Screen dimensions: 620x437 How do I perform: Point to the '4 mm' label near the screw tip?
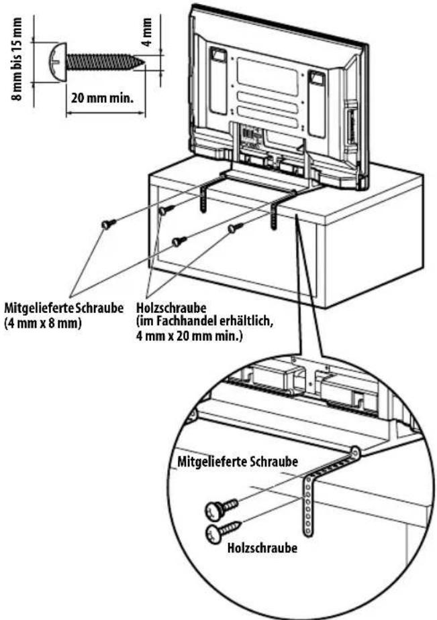pos(148,30)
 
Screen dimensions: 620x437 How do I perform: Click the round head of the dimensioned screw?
pos(56,62)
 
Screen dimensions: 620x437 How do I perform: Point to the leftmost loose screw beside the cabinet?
pos(107,224)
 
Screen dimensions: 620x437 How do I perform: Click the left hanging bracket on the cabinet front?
pos(206,196)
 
